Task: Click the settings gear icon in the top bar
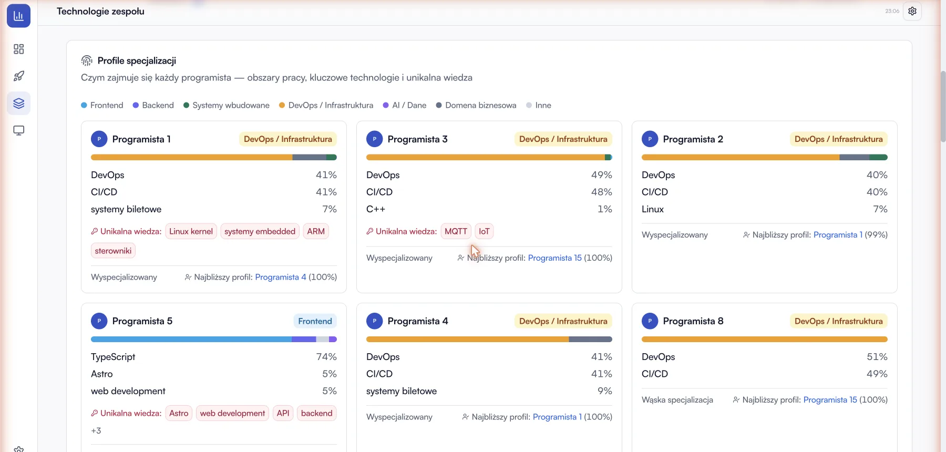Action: (x=912, y=11)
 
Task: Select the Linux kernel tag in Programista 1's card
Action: (x=191, y=231)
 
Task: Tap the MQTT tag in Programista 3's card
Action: (x=456, y=231)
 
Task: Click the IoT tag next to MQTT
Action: (x=484, y=231)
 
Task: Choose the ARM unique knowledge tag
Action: (x=316, y=231)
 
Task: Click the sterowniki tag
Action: (x=113, y=251)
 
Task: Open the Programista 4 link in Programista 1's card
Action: (x=281, y=277)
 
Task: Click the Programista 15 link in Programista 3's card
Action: (x=554, y=258)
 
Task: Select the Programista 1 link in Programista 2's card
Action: (x=838, y=235)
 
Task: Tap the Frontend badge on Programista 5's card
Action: (x=315, y=321)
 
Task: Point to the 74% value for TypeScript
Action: (x=326, y=357)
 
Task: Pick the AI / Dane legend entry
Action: (x=405, y=105)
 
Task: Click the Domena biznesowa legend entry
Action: (x=476, y=105)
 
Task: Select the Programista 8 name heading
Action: (x=693, y=321)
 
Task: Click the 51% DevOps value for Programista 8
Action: (x=877, y=357)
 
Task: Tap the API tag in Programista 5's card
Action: (x=283, y=413)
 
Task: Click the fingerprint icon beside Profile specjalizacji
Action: (x=87, y=61)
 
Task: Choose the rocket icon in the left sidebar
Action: (x=19, y=76)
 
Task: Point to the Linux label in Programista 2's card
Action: (x=653, y=209)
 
